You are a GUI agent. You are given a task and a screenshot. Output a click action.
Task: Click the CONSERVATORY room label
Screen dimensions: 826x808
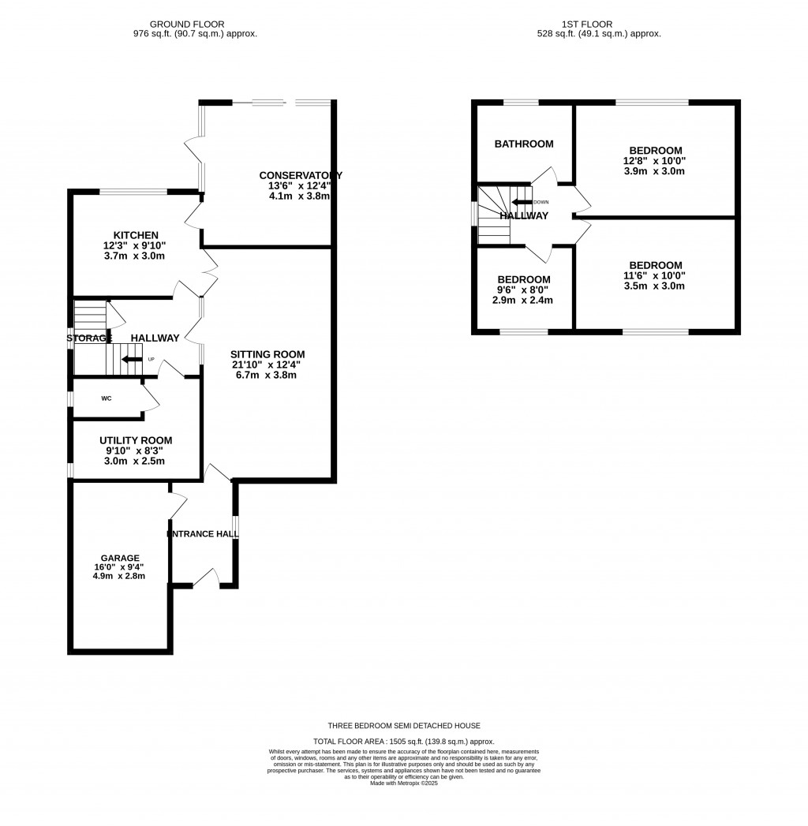point(301,175)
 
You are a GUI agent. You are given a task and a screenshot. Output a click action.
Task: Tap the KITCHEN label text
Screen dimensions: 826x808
point(136,235)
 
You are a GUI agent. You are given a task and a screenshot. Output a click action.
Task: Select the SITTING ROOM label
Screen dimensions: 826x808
point(267,354)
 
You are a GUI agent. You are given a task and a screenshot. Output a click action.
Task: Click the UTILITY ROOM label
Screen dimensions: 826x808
point(136,440)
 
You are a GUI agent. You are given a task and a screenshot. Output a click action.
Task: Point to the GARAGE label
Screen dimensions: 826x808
point(118,557)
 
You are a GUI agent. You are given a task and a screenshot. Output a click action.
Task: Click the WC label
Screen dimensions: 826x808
point(107,398)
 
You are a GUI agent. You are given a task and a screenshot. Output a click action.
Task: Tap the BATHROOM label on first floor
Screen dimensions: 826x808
point(524,144)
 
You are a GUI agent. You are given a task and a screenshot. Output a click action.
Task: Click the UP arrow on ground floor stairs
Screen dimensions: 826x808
point(132,360)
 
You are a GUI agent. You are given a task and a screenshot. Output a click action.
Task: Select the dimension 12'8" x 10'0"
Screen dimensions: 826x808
point(655,161)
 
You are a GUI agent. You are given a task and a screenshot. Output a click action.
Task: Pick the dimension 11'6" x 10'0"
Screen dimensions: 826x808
point(655,276)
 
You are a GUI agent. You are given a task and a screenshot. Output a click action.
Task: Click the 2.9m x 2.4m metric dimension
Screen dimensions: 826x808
point(523,301)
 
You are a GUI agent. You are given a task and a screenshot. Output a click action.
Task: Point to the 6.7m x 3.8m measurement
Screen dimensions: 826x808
point(267,376)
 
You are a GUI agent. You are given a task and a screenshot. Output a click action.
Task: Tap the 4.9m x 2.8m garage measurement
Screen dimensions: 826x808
point(118,576)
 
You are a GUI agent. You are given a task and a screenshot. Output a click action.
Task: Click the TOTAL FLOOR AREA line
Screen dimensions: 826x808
point(404,742)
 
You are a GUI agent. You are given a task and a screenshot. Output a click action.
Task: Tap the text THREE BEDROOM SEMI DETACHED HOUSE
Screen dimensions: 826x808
point(404,726)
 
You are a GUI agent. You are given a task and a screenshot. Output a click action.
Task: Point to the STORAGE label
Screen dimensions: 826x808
point(89,338)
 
